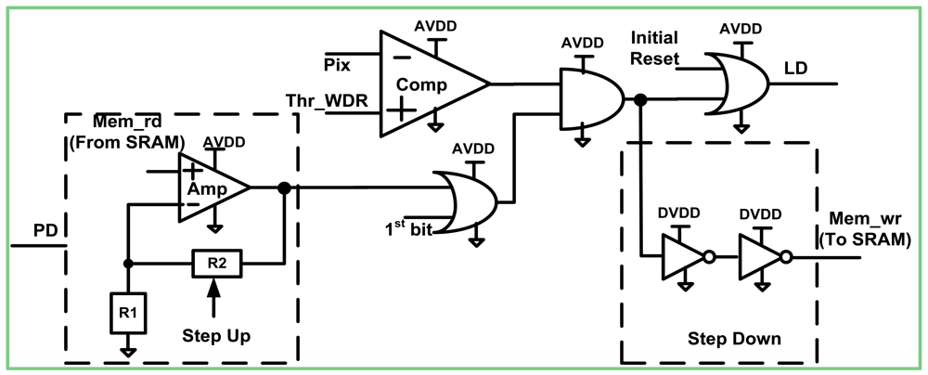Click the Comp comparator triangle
point(427,84)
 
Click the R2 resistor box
point(215,263)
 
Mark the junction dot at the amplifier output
point(284,188)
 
